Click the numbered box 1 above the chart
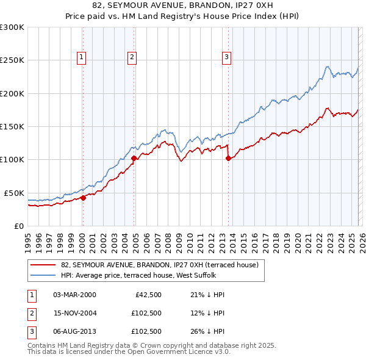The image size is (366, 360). pos(81,57)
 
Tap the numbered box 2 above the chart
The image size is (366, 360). pos(132,57)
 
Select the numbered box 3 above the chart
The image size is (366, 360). pos(226,57)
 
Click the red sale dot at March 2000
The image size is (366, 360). pos(83,198)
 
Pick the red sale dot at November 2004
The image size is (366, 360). pos(134,158)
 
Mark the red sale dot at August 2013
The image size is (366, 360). pos(228,158)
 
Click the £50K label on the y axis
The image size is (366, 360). pos(13,193)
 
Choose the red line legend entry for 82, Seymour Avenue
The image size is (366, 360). pos(160,265)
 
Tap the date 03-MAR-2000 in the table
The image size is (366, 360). pos(74,295)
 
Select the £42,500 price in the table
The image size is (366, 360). pos(146,295)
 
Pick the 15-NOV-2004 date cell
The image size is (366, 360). pos(74,313)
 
